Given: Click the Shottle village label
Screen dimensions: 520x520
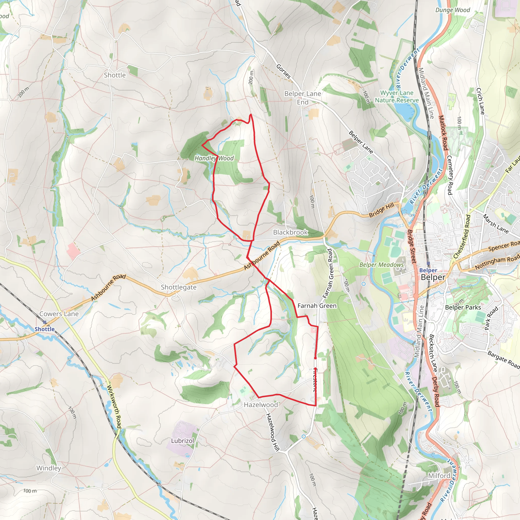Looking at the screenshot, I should (115, 75).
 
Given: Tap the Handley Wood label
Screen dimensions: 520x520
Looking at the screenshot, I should (214, 158).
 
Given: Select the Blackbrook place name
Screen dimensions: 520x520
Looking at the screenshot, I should (290, 232).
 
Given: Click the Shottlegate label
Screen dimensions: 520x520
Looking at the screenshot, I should (178, 287).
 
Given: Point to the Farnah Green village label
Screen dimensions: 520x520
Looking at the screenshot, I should (317, 306).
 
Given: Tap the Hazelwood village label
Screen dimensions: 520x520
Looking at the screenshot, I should (261, 405).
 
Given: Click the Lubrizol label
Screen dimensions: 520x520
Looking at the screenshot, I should (182, 441).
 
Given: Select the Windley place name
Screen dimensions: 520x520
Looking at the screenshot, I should (49, 468).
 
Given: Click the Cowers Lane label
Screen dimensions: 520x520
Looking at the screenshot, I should (59, 314).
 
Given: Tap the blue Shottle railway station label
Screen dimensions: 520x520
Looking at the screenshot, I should (44, 329).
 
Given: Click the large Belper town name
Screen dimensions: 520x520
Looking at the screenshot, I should (433, 278).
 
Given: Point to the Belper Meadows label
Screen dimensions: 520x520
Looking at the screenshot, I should (381, 265).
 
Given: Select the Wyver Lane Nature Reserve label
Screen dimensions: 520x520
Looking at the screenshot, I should (397, 96).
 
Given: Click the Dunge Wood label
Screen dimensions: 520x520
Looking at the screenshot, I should (452, 10).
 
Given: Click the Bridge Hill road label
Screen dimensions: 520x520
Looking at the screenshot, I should (381, 210).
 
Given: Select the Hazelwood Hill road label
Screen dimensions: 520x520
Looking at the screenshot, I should (272, 432).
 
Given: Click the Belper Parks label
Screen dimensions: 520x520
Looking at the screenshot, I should (463, 307).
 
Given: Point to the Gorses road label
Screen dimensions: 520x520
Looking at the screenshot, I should (283, 72).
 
